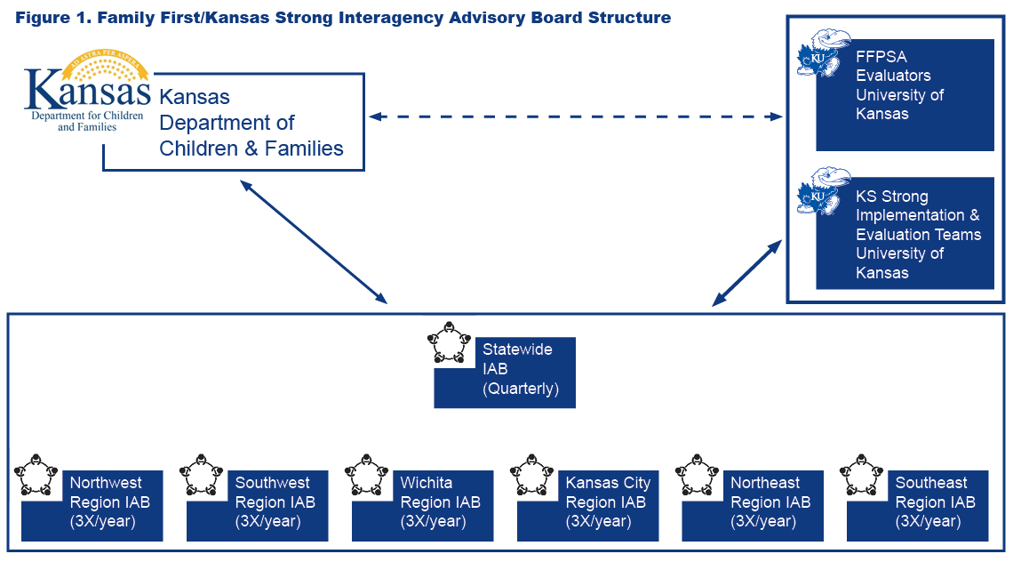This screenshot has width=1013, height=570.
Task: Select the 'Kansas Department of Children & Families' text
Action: click(x=251, y=123)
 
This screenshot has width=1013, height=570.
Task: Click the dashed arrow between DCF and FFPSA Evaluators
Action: click(x=576, y=116)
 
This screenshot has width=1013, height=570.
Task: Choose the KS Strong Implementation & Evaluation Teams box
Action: click(x=905, y=234)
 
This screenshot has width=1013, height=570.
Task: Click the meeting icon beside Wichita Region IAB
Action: click(x=365, y=476)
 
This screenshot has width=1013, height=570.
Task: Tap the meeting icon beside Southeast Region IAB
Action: click(x=860, y=476)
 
